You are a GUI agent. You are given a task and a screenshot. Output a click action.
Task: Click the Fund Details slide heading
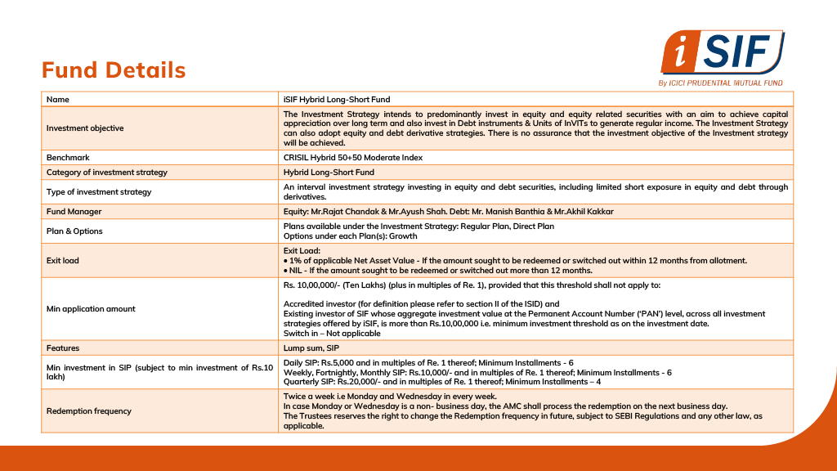pyautogui.click(x=114, y=70)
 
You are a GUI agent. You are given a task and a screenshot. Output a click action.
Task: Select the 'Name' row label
pyautogui.click(x=58, y=99)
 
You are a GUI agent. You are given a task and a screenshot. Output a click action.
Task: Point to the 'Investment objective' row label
pyautogui.click(x=85, y=128)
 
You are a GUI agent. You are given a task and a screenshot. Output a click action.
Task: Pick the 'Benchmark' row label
pyautogui.click(x=68, y=158)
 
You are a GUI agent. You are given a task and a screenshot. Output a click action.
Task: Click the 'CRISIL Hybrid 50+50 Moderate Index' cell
pyautogui.click(x=353, y=158)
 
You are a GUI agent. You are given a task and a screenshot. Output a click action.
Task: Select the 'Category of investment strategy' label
pyautogui.click(x=107, y=173)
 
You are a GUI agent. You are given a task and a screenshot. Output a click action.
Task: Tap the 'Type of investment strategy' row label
pyautogui.click(x=99, y=192)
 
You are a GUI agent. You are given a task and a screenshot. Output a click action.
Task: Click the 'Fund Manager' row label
pyautogui.click(x=74, y=212)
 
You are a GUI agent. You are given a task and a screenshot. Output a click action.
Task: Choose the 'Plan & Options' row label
pyautogui.click(x=74, y=231)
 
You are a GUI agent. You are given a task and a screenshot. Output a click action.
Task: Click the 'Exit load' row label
pyautogui.click(x=63, y=261)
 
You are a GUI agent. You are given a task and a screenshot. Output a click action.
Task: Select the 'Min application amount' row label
pyautogui.click(x=91, y=309)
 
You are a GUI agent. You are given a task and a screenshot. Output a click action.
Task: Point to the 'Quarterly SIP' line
pyautogui.click(x=442, y=382)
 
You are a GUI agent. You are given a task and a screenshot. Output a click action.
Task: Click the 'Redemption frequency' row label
pyautogui.click(x=89, y=411)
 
